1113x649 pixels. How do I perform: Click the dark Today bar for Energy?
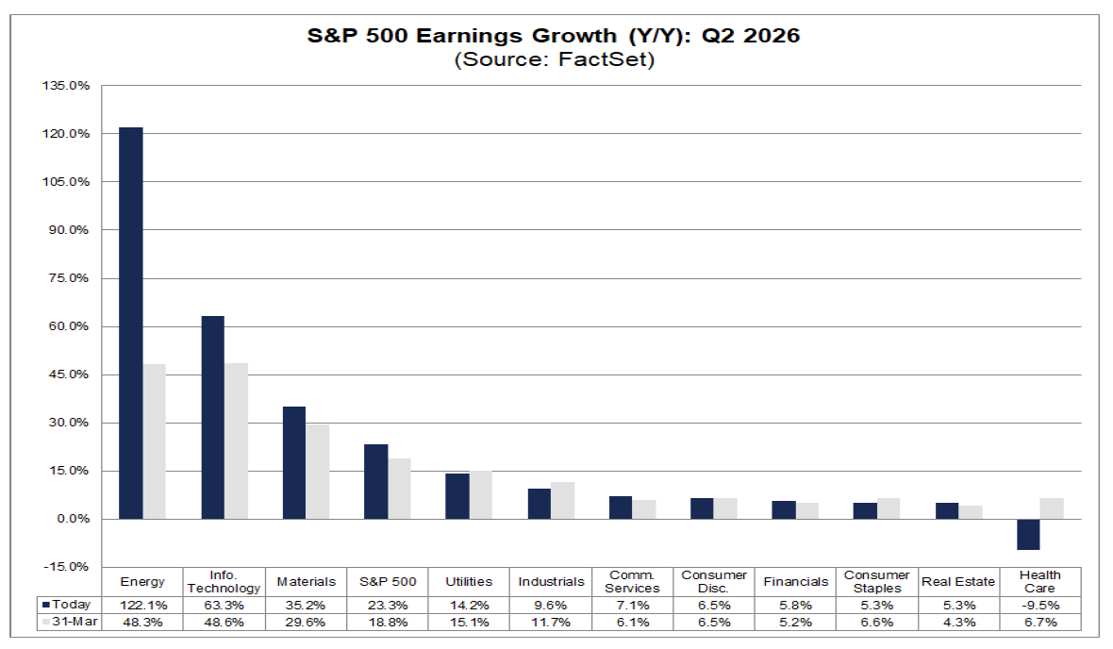[x=130, y=323]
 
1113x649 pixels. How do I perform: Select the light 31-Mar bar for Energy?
[x=154, y=441]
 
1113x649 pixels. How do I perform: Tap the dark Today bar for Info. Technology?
[x=213, y=418]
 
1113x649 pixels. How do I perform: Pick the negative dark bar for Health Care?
[x=1028, y=534]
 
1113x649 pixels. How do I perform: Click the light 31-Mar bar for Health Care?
[x=1052, y=508]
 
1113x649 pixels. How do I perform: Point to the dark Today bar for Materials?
[x=294, y=463]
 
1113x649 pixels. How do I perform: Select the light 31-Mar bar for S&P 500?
[x=400, y=489]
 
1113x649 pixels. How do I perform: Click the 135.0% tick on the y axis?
[x=66, y=86]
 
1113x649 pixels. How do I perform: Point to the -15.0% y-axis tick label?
[x=66, y=567]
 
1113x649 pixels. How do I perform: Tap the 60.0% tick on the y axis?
[x=68, y=326]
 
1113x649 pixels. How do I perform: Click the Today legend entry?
[x=67, y=605]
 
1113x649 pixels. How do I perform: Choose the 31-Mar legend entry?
[x=70, y=622]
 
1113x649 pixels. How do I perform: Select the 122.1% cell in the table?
[x=142, y=605]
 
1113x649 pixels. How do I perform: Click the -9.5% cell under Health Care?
[x=1039, y=605]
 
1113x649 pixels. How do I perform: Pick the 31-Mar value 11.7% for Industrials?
[x=551, y=622]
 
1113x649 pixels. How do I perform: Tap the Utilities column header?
[x=469, y=581]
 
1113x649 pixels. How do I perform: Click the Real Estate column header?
[x=958, y=581]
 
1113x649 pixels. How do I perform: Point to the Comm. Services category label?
[x=632, y=581]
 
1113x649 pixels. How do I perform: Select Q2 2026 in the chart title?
[x=751, y=36]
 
